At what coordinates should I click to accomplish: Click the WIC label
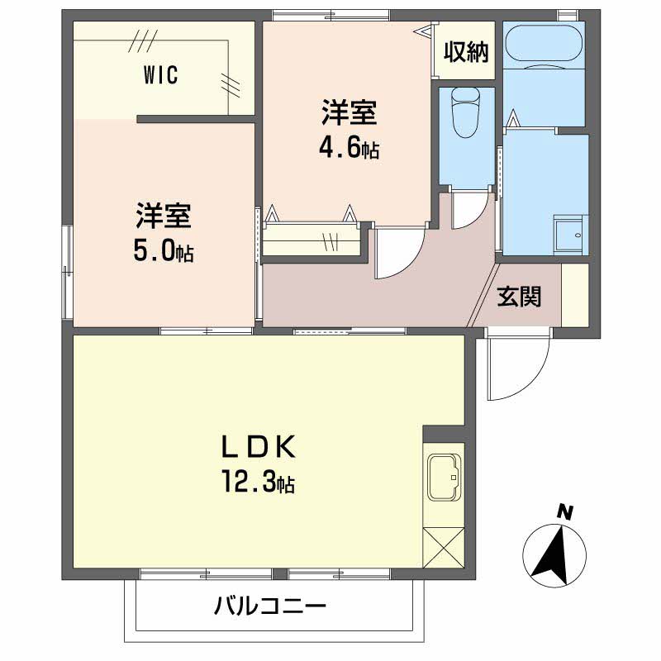(160, 75)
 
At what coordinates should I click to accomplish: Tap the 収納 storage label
(466, 52)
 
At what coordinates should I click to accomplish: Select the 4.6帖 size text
(349, 149)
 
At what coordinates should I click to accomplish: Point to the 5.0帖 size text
(164, 252)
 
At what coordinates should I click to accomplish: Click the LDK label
(259, 447)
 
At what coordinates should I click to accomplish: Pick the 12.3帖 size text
(258, 483)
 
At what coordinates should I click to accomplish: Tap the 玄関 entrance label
(519, 297)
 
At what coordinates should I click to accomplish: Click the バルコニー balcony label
(270, 606)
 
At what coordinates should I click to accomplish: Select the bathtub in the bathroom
(544, 47)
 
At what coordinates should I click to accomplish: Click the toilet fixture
(465, 112)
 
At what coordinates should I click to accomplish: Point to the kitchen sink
(444, 477)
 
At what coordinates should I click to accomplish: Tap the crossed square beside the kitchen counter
(444, 548)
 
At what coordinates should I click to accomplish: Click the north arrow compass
(554, 555)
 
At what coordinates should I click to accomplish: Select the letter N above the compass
(564, 512)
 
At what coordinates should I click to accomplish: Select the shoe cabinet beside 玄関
(574, 295)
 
